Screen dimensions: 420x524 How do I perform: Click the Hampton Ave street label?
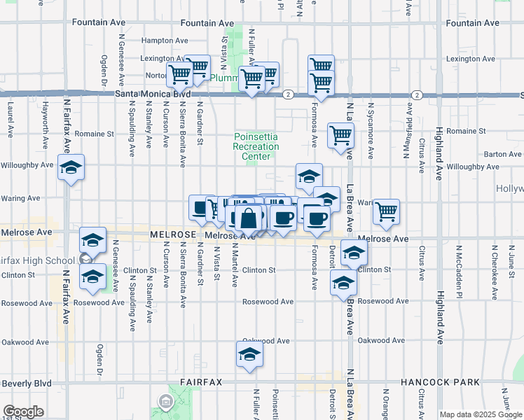coord(165,41)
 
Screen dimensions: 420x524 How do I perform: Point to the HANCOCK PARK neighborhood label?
coord(440,382)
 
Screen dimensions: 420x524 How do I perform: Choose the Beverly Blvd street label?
coord(27,384)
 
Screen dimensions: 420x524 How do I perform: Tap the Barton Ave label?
coord(502,154)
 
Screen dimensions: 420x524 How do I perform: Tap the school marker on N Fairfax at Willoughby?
coord(71,168)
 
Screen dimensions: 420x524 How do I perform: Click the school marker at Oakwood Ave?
coord(249,355)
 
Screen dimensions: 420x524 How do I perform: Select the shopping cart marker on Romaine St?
coord(340,136)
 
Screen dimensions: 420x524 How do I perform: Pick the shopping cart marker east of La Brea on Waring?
coord(386,211)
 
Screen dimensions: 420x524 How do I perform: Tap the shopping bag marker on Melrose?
coord(249,218)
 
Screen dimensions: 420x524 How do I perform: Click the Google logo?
coord(23,412)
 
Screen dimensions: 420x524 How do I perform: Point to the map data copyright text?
coord(480,414)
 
